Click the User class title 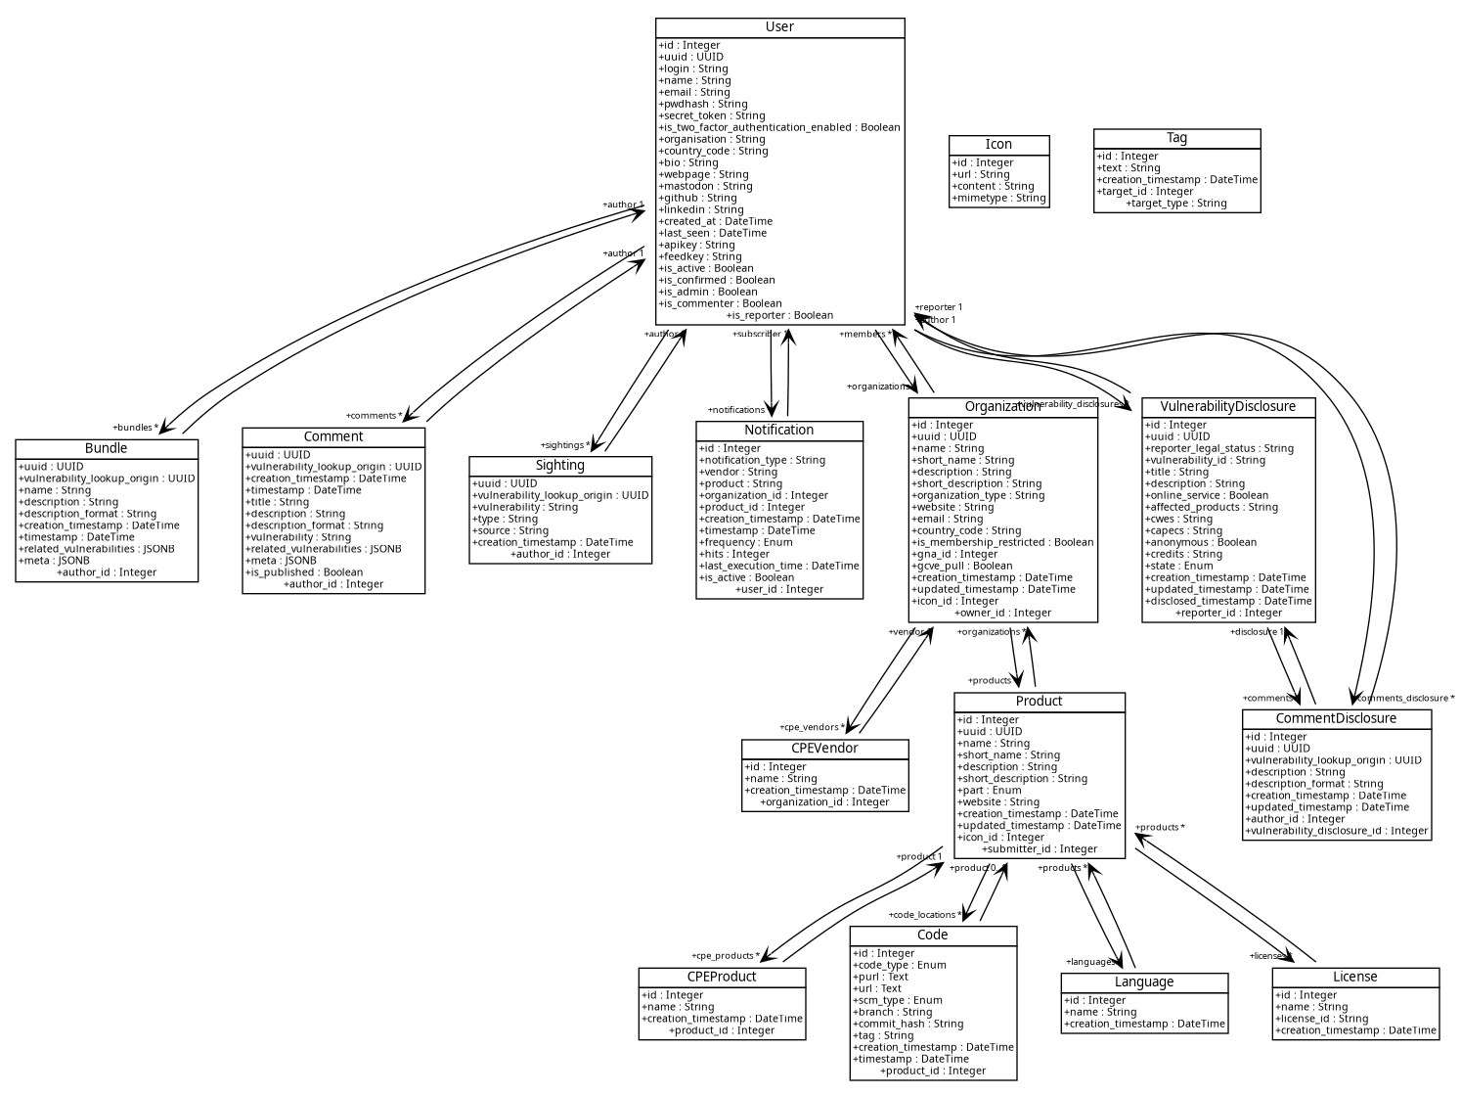pyautogui.click(x=779, y=27)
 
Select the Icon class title pyautogui.click(x=998, y=145)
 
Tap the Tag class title pyautogui.click(x=1176, y=138)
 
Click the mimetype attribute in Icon pyautogui.click(x=998, y=198)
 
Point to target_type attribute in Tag pyautogui.click(x=1176, y=204)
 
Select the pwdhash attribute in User pyautogui.click(x=703, y=104)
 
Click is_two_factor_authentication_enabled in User pyautogui.click(x=779, y=127)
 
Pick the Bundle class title pyautogui.click(x=106, y=448)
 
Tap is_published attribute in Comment pyautogui.click(x=304, y=572)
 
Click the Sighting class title pyautogui.click(x=560, y=466)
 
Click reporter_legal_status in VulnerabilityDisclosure pyautogui.click(x=1219, y=448)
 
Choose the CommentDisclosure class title pyautogui.click(x=1336, y=718)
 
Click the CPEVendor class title pyautogui.click(x=824, y=749)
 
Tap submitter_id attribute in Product pyautogui.click(x=1040, y=849)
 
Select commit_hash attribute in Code pyautogui.click(x=908, y=1024)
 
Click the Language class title pyautogui.click(x=1144, y=982)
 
